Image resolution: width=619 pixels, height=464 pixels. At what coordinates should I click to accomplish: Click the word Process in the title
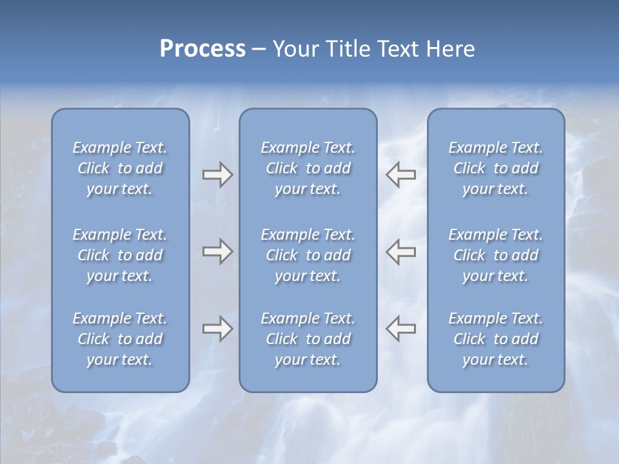pos(202,49)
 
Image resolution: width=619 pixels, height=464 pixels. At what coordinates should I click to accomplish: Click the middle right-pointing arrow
pos(217,251)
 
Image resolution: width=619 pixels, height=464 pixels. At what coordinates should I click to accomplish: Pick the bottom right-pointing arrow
pos(217,329)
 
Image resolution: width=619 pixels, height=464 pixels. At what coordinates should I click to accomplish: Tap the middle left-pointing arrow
pos(401,251)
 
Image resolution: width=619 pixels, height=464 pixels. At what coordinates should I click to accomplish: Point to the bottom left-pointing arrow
pos(401,329)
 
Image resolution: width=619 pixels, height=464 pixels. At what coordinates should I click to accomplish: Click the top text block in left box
pos(120,168)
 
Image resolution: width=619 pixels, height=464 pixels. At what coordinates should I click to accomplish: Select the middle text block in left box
pos(120,255)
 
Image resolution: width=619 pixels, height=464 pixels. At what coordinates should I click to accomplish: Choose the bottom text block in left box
pos(120,339)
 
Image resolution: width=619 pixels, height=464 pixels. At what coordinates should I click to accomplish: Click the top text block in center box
pos(308,168)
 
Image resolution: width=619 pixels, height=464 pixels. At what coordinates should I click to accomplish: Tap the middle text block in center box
pos(308,255)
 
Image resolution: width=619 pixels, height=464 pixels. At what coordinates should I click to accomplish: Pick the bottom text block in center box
pos(308,339)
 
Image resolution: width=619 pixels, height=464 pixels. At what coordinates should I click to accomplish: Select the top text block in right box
pos(495,168)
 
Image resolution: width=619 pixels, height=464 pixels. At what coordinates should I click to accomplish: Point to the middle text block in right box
pos(495,255)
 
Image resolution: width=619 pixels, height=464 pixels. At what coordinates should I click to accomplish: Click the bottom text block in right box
pos(495,339)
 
